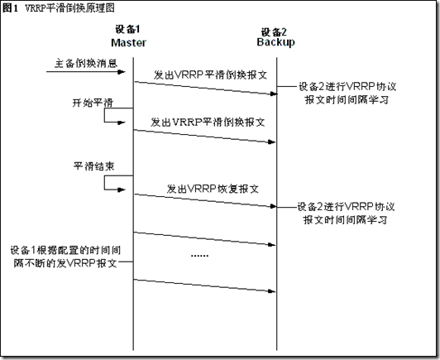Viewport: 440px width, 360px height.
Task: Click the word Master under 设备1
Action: pos(128,43)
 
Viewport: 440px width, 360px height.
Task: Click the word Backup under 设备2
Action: pos(276,42)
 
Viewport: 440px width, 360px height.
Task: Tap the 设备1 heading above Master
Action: pos(127,29)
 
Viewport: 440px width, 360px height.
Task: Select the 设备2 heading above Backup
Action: pos(274,32)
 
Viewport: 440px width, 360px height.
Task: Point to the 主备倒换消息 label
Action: pos(85,63)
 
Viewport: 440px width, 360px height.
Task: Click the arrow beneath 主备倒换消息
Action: pos(85,72)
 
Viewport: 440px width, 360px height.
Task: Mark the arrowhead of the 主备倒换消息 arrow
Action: pos(122,72)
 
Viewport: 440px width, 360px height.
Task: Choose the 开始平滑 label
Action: pos(93,103)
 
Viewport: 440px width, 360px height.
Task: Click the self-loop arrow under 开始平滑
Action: pos(104,115)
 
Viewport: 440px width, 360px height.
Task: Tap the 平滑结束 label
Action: pos(93,166)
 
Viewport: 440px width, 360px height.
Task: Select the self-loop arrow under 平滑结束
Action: pos(104,183)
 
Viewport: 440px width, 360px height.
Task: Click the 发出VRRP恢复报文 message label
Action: pos(213,189)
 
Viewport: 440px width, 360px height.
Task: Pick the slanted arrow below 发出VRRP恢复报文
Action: pos(205,200)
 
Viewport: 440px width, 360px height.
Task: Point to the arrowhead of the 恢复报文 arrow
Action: pos(273,206)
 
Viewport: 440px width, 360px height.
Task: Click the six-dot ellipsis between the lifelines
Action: pos(199,256)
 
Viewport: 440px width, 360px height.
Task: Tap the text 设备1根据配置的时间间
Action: pos(65,250)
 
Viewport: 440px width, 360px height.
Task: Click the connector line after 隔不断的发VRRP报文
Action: pos(126,262)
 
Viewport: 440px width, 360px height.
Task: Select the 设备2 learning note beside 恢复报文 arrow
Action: pos(346,214)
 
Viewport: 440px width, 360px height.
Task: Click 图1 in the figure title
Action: pos(10,8)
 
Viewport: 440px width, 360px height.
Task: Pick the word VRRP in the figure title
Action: pos(35,8)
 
